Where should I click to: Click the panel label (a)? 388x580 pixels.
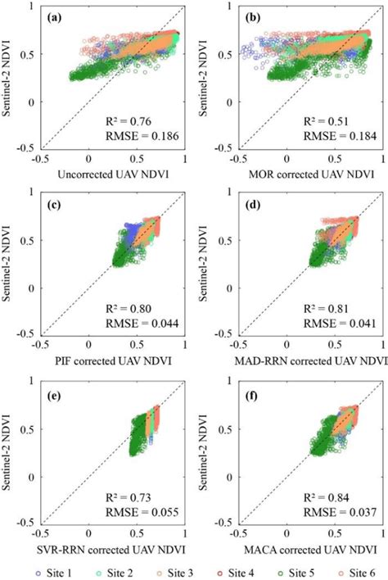click(x=56, y=17)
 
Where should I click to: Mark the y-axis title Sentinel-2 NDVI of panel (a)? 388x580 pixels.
click(x=10, y=80)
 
